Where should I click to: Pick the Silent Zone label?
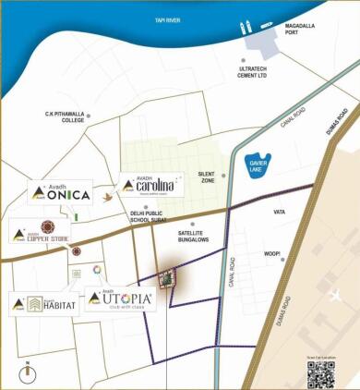click(206, 177)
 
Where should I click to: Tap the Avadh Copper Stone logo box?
click(41, 231)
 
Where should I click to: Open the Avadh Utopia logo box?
click(120, 299)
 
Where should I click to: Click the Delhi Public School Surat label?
click(152, 218)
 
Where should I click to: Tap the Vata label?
click(280, 212)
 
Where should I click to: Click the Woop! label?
click(272, 252)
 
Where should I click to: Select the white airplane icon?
click(336, 296)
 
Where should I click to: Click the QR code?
click(320, 372)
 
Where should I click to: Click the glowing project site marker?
click(167, 278)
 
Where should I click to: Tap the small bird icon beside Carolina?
click(108, 197)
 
